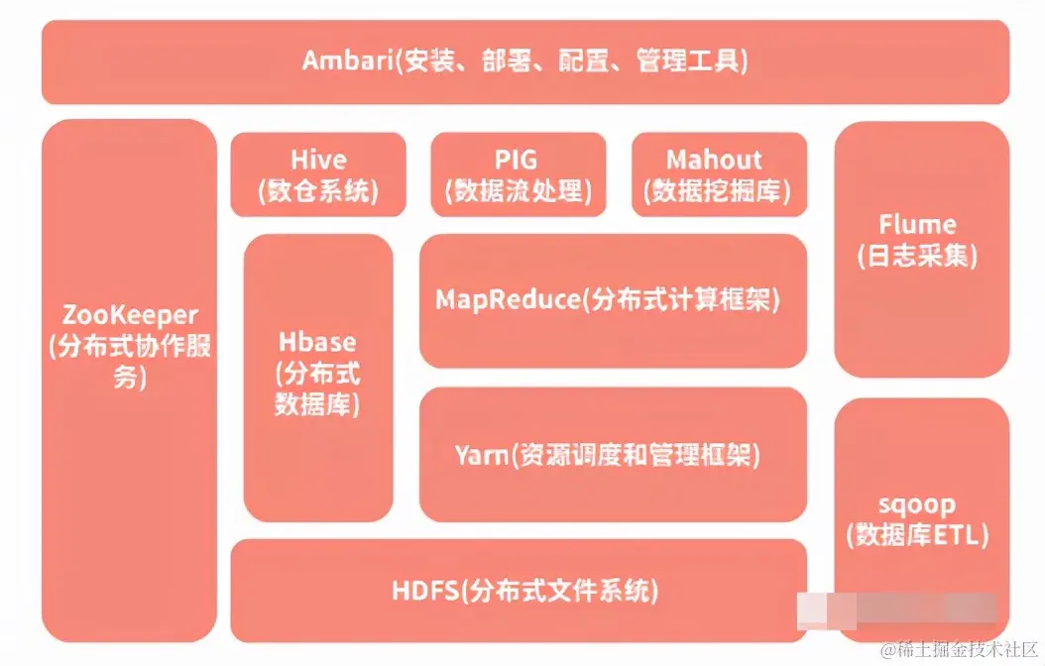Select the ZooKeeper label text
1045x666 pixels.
[x=129, y=316]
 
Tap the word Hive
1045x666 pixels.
[x=318, y=160]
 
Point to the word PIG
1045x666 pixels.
[x=518, y=160]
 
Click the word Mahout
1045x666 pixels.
[x=714, y=160]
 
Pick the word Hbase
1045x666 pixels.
[x=317, y=343]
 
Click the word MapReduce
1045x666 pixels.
[x=507, y=299]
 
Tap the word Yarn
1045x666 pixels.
[x=481, y=455]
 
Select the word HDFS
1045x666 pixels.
[x=426, y=591]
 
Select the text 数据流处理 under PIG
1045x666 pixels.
[x=518, y=191]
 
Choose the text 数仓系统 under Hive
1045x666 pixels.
[x=318, y=191]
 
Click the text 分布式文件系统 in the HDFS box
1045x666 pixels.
[x=561, y=592]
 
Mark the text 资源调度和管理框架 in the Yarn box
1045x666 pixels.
[x=636, y=455]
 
